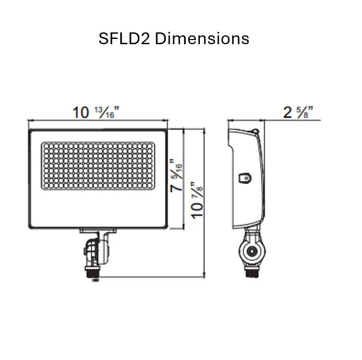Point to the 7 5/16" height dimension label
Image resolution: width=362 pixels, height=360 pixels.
click(x=175, y=177)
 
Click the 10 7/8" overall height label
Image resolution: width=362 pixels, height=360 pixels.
click(x=197, y=200)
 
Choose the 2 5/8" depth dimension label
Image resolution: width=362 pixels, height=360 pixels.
click(x=298, y=111)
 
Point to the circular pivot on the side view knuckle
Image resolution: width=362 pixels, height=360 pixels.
click(x=252, y=251)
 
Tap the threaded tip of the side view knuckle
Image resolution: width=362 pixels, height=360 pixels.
click(x=252, y=273)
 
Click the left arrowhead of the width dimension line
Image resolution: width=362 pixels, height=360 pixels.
click(x=29, y=120)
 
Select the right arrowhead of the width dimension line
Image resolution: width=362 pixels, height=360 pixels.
click(x=167, y=120)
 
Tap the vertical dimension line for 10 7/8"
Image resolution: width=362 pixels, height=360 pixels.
click(x=205, y=236)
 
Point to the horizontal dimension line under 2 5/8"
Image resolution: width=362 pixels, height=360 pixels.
click(x=295, y=120)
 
